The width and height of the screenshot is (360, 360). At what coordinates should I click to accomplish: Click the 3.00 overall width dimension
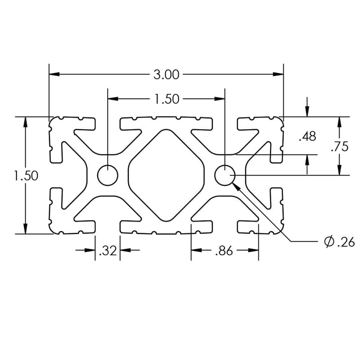pos(166,75)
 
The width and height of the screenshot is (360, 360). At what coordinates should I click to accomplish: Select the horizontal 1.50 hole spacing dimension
pos(166,99)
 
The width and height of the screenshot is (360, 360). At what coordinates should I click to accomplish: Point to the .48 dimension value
pos(307,136)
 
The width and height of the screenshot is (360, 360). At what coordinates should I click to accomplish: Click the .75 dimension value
pos(339,147)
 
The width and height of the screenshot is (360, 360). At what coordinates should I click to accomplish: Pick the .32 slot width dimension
pos(108,251)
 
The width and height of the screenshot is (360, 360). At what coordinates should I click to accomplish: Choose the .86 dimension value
pos(224,251)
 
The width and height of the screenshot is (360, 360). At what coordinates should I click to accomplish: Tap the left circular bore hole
pos(108,175)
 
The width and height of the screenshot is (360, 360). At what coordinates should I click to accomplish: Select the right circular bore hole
pos(225,175)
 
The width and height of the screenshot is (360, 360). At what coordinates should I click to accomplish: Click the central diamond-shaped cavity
pos(166,175)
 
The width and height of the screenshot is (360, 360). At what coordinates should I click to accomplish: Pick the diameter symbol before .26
pos(328,243)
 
